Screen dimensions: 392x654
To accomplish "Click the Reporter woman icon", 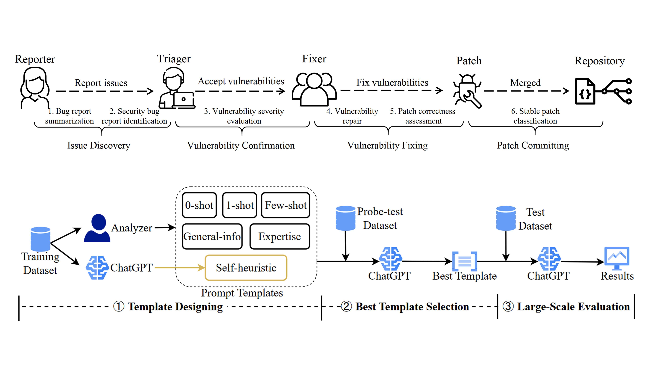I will (35, 87).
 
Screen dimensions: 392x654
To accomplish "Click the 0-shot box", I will (199, 205).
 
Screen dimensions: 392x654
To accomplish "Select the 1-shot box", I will (239, 205).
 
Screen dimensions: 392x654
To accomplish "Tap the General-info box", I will (212, 236).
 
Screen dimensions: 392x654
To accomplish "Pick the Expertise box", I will (280, 236).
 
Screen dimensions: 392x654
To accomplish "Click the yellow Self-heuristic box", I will (246, 268).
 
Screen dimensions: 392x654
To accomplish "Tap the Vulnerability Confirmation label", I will (241, 146).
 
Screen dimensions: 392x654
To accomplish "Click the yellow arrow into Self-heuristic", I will (180, 268).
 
